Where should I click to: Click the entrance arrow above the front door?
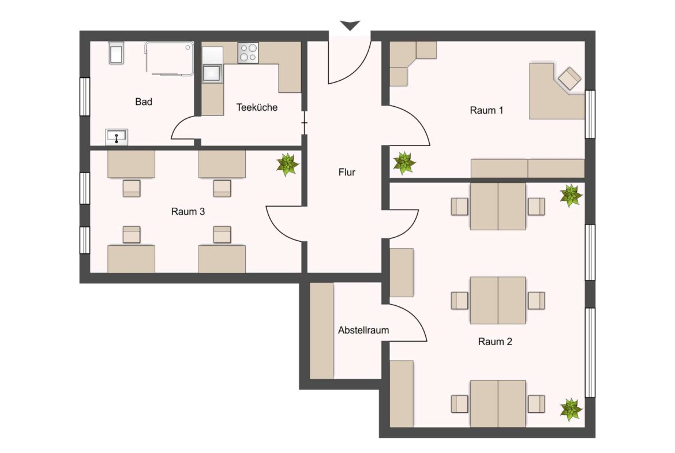tap(350, 25)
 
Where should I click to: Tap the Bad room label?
tap(143, 102)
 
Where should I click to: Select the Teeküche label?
tap(257, 107)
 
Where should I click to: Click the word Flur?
tap(347, 172)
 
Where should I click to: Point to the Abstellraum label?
tap(363, 330)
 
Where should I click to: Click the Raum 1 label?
tap(486, 110)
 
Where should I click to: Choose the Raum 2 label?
tap(495, 342)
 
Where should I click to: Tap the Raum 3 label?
tap(187, 211)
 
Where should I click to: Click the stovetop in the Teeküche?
tap(249, 53)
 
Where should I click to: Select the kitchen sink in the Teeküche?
tap(212, 73)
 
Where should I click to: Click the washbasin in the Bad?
tap(116, 137)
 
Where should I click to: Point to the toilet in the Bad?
tap(116, 53)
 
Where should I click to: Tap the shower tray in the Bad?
tap(169, 58)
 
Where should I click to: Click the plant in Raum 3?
tap(287, 164)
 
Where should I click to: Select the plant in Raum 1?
tap(404, 163)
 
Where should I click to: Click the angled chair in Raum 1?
tap(569, 78)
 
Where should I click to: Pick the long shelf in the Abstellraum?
tap(321, 331)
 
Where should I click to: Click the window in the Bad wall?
tap(85, 96)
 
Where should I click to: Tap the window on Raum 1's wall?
tap(590, 114)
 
